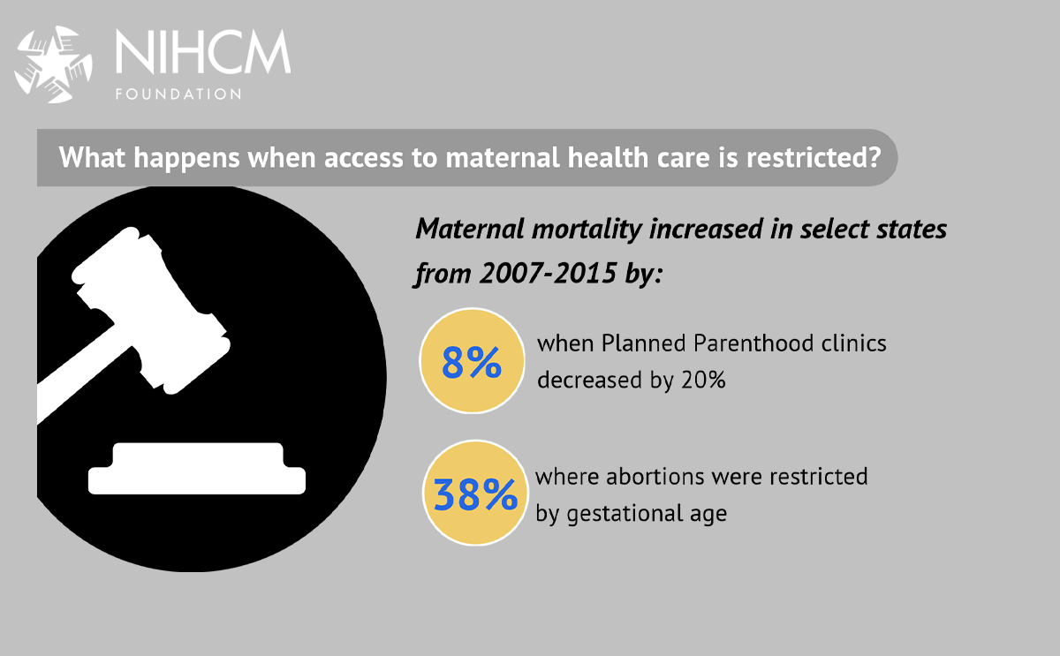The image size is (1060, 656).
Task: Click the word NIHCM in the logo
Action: point(202,55)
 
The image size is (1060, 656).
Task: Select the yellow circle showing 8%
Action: point(472,361)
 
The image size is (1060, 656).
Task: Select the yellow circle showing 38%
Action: point(474,495)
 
